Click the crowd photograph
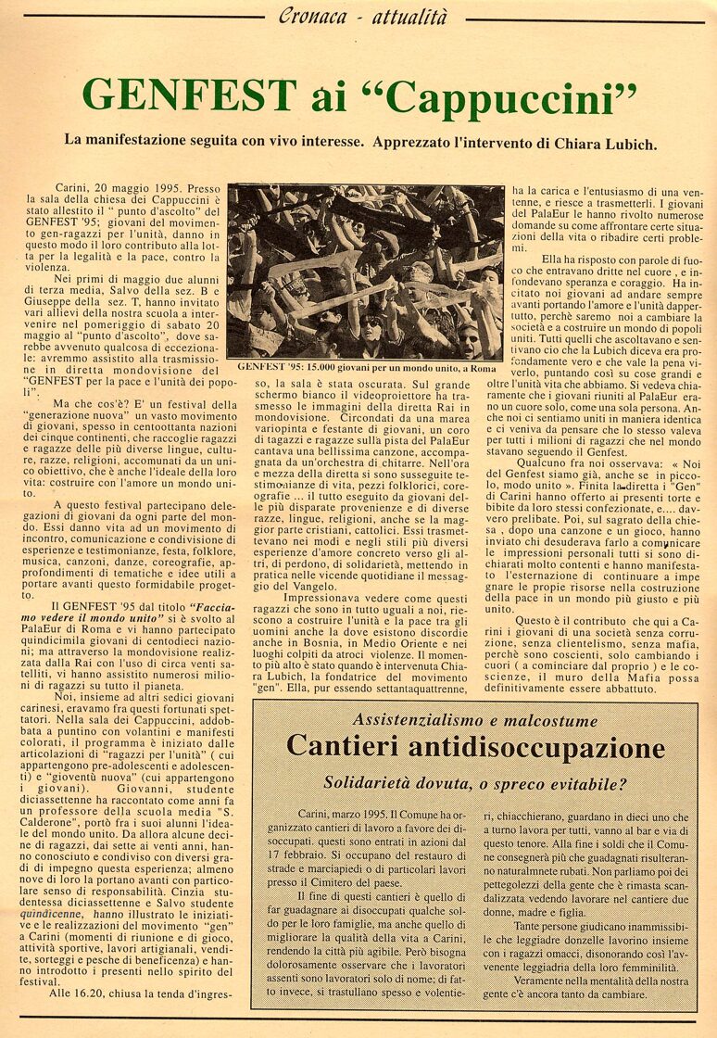pyautogui.click(x=365, y=272)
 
